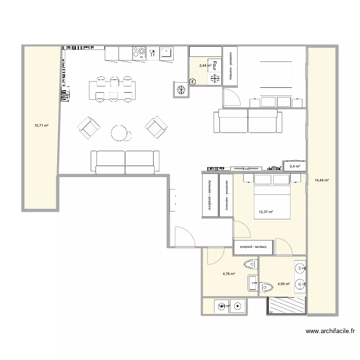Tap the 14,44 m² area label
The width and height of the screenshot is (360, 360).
point(321,180)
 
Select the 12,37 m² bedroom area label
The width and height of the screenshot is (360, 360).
point(265,212)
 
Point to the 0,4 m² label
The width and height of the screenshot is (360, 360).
point(294,167)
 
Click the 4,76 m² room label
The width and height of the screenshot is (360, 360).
point(228,274)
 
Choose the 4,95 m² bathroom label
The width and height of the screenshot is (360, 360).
point(284,284)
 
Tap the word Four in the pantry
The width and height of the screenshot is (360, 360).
point(215,66)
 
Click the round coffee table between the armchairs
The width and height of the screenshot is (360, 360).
point(120,133)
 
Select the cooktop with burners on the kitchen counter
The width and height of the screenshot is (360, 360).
point(139,53)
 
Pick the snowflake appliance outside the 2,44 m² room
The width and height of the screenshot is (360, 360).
point(181,89)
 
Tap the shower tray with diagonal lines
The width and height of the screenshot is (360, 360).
point(286,305)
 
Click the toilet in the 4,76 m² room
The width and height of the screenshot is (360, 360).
point(251,264)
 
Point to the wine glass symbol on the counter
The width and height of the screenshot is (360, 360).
point(152,53)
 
